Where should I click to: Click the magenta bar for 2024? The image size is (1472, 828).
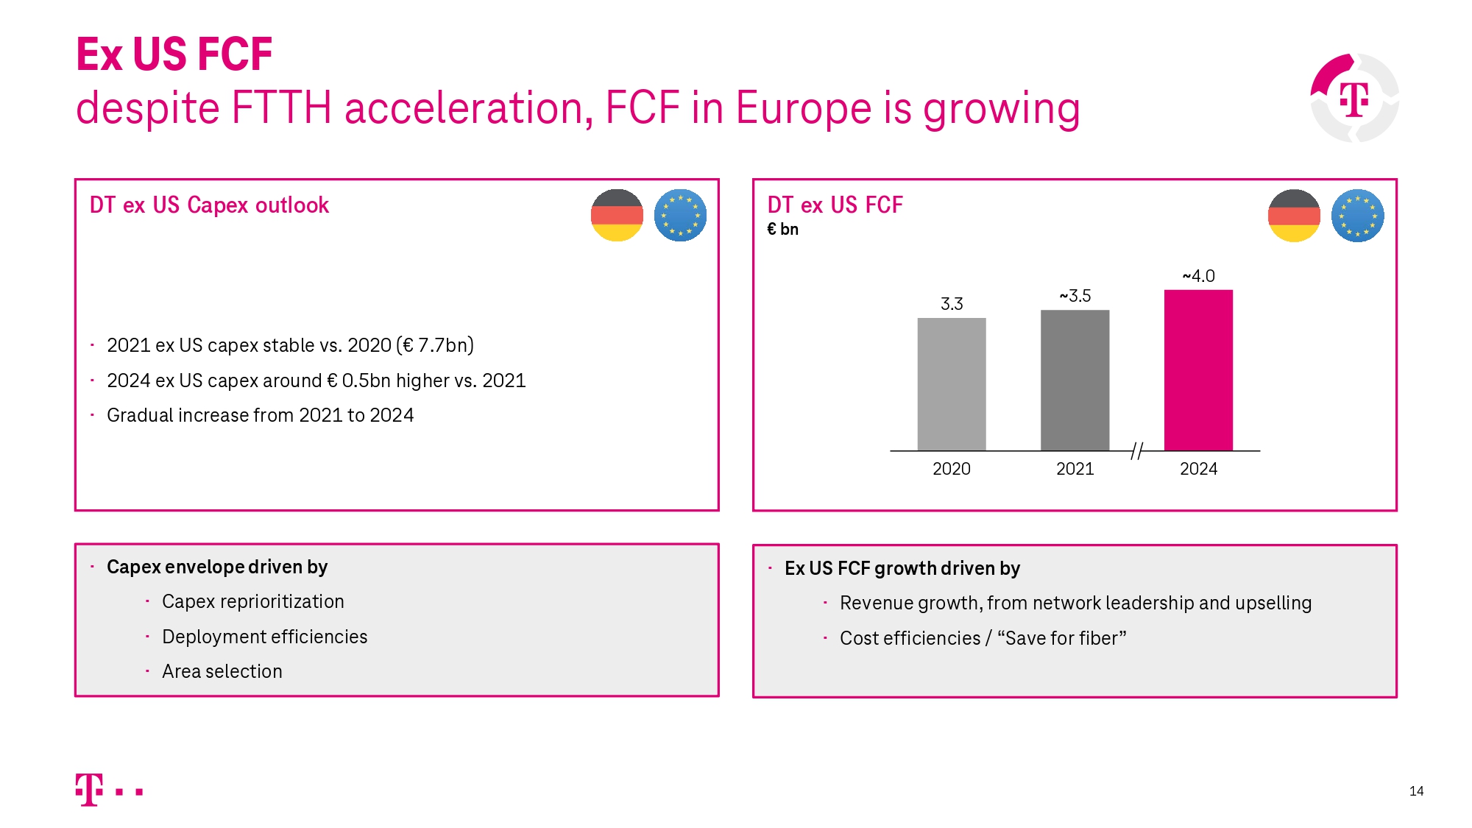coord(1198,370)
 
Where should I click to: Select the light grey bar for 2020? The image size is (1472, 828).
coord(952,384)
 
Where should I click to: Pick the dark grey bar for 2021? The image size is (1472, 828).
coord(1075,381)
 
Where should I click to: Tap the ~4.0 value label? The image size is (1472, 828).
coord(1198,276)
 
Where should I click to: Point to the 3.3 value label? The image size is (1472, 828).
coord(952,304)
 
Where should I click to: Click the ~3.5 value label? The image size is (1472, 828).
coord(1075,296)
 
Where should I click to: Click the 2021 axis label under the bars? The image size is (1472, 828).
coord(1075,469)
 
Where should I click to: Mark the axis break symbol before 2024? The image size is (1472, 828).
coord(1137,451)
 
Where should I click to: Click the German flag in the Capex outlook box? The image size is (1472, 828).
coord(617,216)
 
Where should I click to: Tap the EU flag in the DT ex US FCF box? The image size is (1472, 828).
coord(1357,216)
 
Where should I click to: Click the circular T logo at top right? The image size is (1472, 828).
coord(1354,98)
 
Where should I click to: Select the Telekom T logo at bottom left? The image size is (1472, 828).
coord(90,790)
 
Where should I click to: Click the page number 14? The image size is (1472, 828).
coord(1416,791)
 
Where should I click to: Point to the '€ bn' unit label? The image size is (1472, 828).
coord(782,230)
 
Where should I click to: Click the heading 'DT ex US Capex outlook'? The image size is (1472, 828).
coord(209,205)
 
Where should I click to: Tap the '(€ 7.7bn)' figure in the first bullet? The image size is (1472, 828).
coord(435,345)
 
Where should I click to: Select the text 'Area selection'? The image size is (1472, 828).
coord(222,671)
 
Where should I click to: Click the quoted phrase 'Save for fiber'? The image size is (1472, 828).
coord(1061,638)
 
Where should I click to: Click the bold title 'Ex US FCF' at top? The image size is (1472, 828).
coord(174,54)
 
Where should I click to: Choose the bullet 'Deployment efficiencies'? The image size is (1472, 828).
coord(264,637)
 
